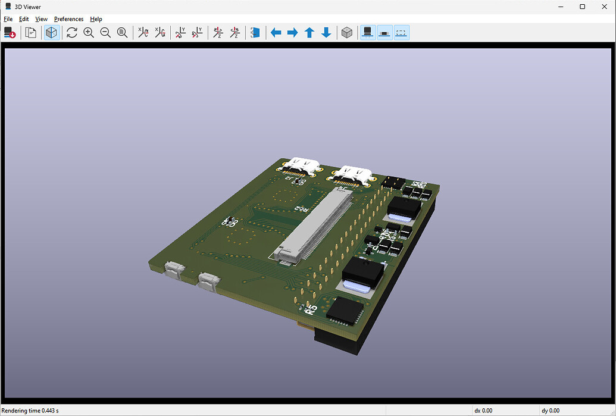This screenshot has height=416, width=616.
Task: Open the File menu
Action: tap(8, 19)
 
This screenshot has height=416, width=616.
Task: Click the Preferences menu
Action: tap(68, 19)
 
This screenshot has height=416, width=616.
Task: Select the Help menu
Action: tap(96, 19)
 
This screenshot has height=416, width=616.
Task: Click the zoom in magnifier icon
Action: tap(89, 33)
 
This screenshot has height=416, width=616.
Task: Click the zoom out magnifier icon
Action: tap(105, 33)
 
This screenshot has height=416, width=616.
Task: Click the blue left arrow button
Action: tap(276, 33)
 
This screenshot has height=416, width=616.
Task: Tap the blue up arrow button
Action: tap(309, 33)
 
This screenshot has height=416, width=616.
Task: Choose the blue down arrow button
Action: tap(326, 33)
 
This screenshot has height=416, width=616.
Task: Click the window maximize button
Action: tap(582, 7)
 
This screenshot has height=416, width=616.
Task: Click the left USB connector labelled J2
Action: tap(302, 167)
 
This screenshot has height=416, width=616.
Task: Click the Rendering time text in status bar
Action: tap(30, 411)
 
